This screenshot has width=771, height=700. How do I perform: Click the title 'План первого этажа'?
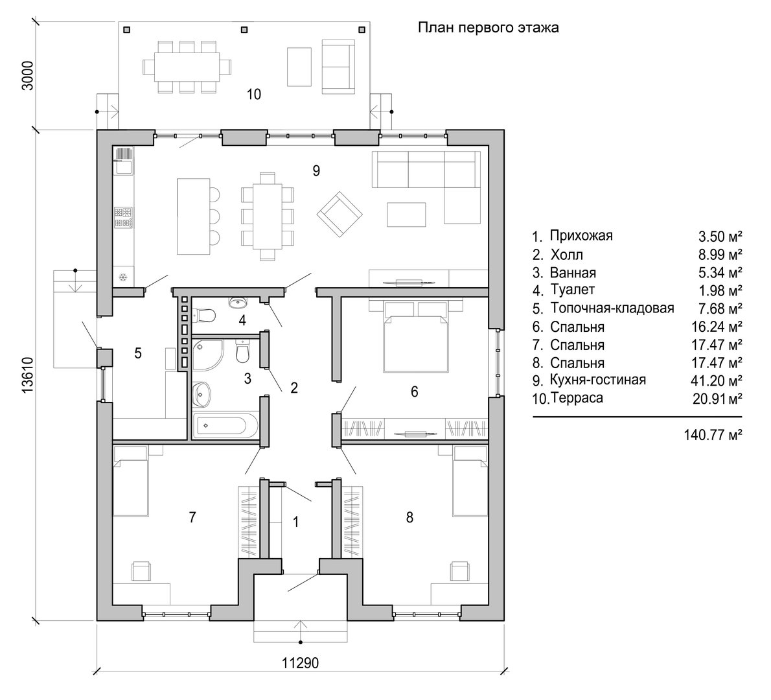point(488,28)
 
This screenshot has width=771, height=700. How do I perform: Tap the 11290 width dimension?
point(300,662)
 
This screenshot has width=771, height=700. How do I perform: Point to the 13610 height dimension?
point(27,375)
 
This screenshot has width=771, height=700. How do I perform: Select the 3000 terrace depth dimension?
point(27,75)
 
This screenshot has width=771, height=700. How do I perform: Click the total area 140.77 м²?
point(713,435)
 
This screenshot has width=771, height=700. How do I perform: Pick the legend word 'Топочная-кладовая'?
point(612,309)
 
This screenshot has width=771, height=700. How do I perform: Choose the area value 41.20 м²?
point(716,380)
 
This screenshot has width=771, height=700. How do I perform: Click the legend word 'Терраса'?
point(577,397)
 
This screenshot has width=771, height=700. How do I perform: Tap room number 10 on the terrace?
point(254,94)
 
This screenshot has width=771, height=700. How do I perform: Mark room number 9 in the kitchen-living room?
point(316,170)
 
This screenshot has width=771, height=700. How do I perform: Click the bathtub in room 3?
point(224,425)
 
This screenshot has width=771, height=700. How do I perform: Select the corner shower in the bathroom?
point(207,354)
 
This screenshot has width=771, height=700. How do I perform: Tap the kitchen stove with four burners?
point(123,217)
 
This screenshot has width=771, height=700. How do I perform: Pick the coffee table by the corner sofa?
point(406,215)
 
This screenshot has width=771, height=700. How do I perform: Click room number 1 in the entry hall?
point(295,521)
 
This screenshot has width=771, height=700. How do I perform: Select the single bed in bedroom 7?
point(131,482)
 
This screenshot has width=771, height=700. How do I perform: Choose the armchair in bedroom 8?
point(461,570)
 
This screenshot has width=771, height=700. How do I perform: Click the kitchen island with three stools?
point(193,216)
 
